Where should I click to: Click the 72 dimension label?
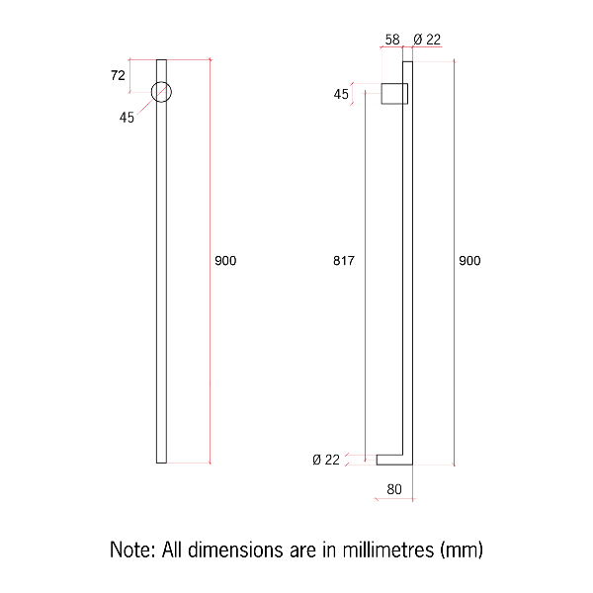(118, 76)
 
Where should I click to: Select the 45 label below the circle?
(127, 118)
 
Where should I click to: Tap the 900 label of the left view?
(225, 261)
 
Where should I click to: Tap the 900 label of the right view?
(469, 261)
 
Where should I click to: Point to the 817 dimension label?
(344, 261)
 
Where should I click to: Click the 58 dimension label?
(392, 40)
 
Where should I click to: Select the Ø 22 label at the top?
(427, 40)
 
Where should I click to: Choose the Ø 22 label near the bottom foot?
(326, 460)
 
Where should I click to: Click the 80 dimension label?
(394, 489)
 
